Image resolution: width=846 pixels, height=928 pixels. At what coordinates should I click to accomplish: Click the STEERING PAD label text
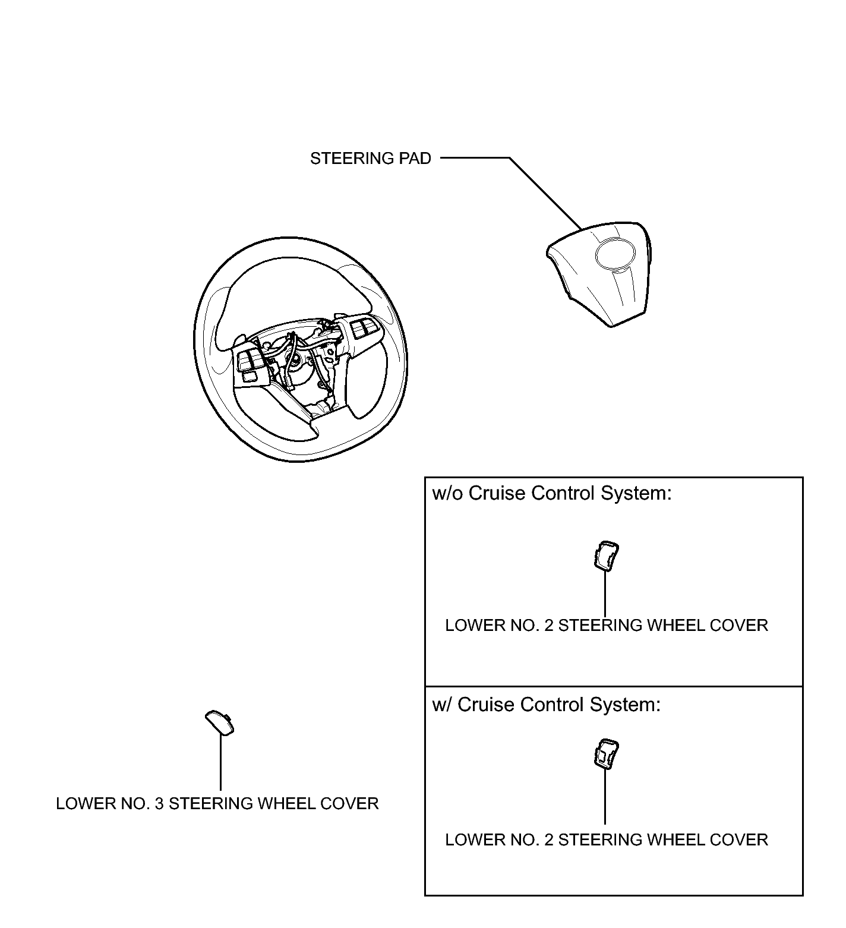click(370, 159)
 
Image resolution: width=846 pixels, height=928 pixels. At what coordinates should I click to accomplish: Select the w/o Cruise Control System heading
click(552, 494)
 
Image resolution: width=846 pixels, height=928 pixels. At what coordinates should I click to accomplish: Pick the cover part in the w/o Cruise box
click(605, 555)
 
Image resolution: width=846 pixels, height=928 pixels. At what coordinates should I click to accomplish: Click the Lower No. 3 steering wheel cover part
click(219, 722)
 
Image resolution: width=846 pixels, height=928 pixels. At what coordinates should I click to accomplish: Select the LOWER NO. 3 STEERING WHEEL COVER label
click(217, 804)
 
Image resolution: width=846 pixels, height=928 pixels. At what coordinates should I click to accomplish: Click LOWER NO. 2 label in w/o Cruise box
click(606, 626)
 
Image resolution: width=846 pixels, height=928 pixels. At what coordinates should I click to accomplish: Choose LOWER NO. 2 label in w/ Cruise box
click(606, 840)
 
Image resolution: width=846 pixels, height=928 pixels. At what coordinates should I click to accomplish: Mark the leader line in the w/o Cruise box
click(605, 594)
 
